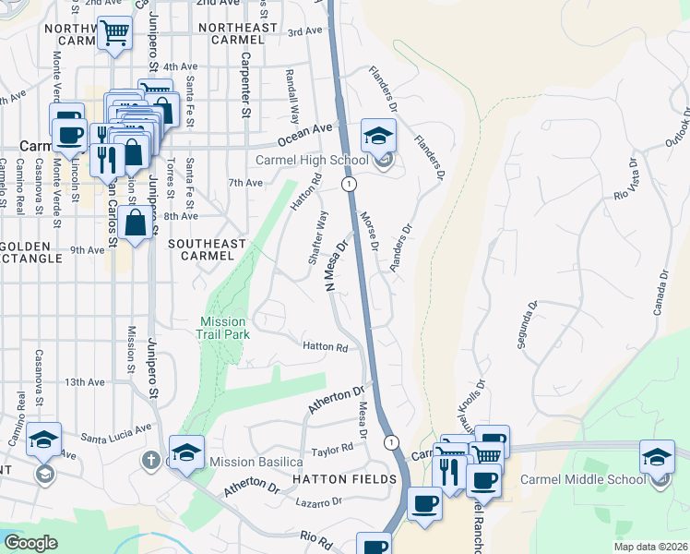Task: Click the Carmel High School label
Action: click(x=312, y=160)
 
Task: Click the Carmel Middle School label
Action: click(x=583, y=478)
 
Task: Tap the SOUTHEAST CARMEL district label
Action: click(x=208, y=249)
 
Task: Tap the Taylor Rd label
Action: click(x=333, y=449)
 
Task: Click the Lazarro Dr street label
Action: click(x=320, y=501)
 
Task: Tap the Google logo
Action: click(x=31, y=543)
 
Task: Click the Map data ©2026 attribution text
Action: click(x=651, y=547)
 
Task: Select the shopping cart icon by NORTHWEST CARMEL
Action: click(x=115, y=34)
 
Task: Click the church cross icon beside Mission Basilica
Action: click(x=152, y=459)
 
